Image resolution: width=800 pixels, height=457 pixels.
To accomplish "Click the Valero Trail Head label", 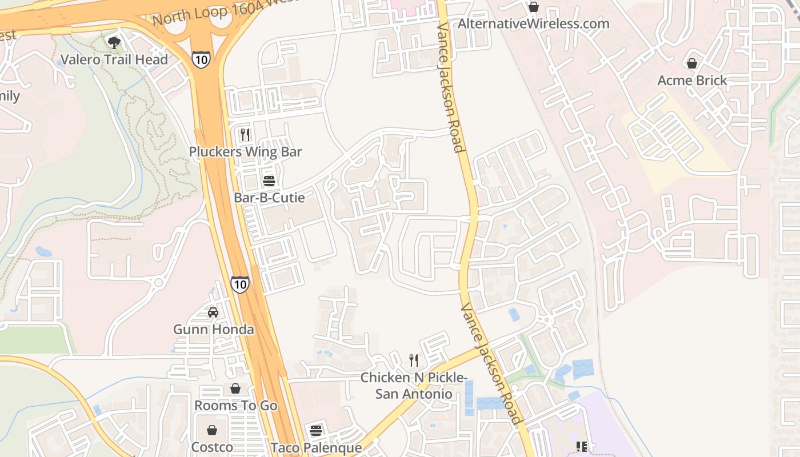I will (114, 59).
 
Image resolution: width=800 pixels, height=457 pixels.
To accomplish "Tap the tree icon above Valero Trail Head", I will (114, 42).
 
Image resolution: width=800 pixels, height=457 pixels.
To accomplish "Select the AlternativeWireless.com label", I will (534, 24).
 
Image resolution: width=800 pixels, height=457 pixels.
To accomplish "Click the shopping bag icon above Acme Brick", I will (692, 63).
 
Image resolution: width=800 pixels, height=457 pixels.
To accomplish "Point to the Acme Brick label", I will (692, 80).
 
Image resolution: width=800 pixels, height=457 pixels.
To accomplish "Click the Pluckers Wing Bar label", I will (246, 152).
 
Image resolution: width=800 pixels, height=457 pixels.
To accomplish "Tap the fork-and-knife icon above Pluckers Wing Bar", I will (245, 135).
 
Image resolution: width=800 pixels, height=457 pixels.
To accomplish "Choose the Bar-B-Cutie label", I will (269, 198).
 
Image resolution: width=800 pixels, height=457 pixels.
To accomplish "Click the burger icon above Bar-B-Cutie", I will (269, 181).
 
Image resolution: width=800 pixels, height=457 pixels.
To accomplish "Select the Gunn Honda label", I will (213, 330).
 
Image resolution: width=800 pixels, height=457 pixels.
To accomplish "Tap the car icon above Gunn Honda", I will (213, 312).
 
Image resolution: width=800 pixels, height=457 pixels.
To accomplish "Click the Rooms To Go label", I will (235, 406).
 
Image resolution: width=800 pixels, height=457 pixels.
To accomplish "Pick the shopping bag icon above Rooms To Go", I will (235, 389).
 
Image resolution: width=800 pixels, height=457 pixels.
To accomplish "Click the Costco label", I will (212, 447).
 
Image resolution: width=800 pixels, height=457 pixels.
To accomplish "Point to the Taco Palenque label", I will (316, 447).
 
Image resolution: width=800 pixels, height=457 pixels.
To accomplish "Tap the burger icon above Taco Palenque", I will (316, 430).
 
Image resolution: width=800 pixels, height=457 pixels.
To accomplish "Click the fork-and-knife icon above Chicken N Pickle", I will (414, 360).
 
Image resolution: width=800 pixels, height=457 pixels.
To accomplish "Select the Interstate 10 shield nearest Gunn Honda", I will (240, 284).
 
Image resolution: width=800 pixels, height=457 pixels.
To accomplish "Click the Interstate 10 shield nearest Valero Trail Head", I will (201, 59).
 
